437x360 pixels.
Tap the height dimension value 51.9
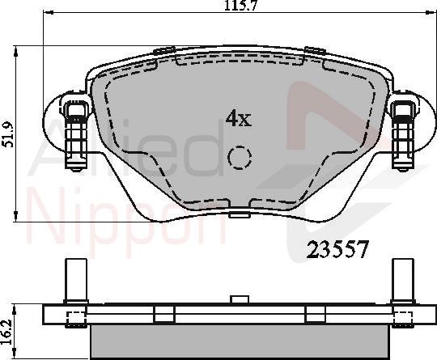[9, 136]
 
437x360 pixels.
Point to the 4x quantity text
[238, 119]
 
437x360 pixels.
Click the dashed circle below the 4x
[240, 159]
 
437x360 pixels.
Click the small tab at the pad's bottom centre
[238, 215]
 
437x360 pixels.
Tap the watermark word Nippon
[121, 217]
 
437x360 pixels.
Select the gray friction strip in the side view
[238, 341]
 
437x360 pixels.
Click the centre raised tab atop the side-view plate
[238, 299]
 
